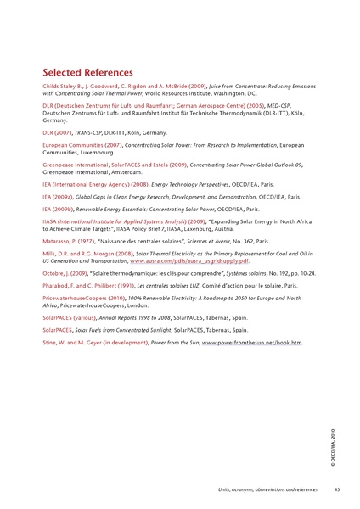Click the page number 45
coord(337,489)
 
